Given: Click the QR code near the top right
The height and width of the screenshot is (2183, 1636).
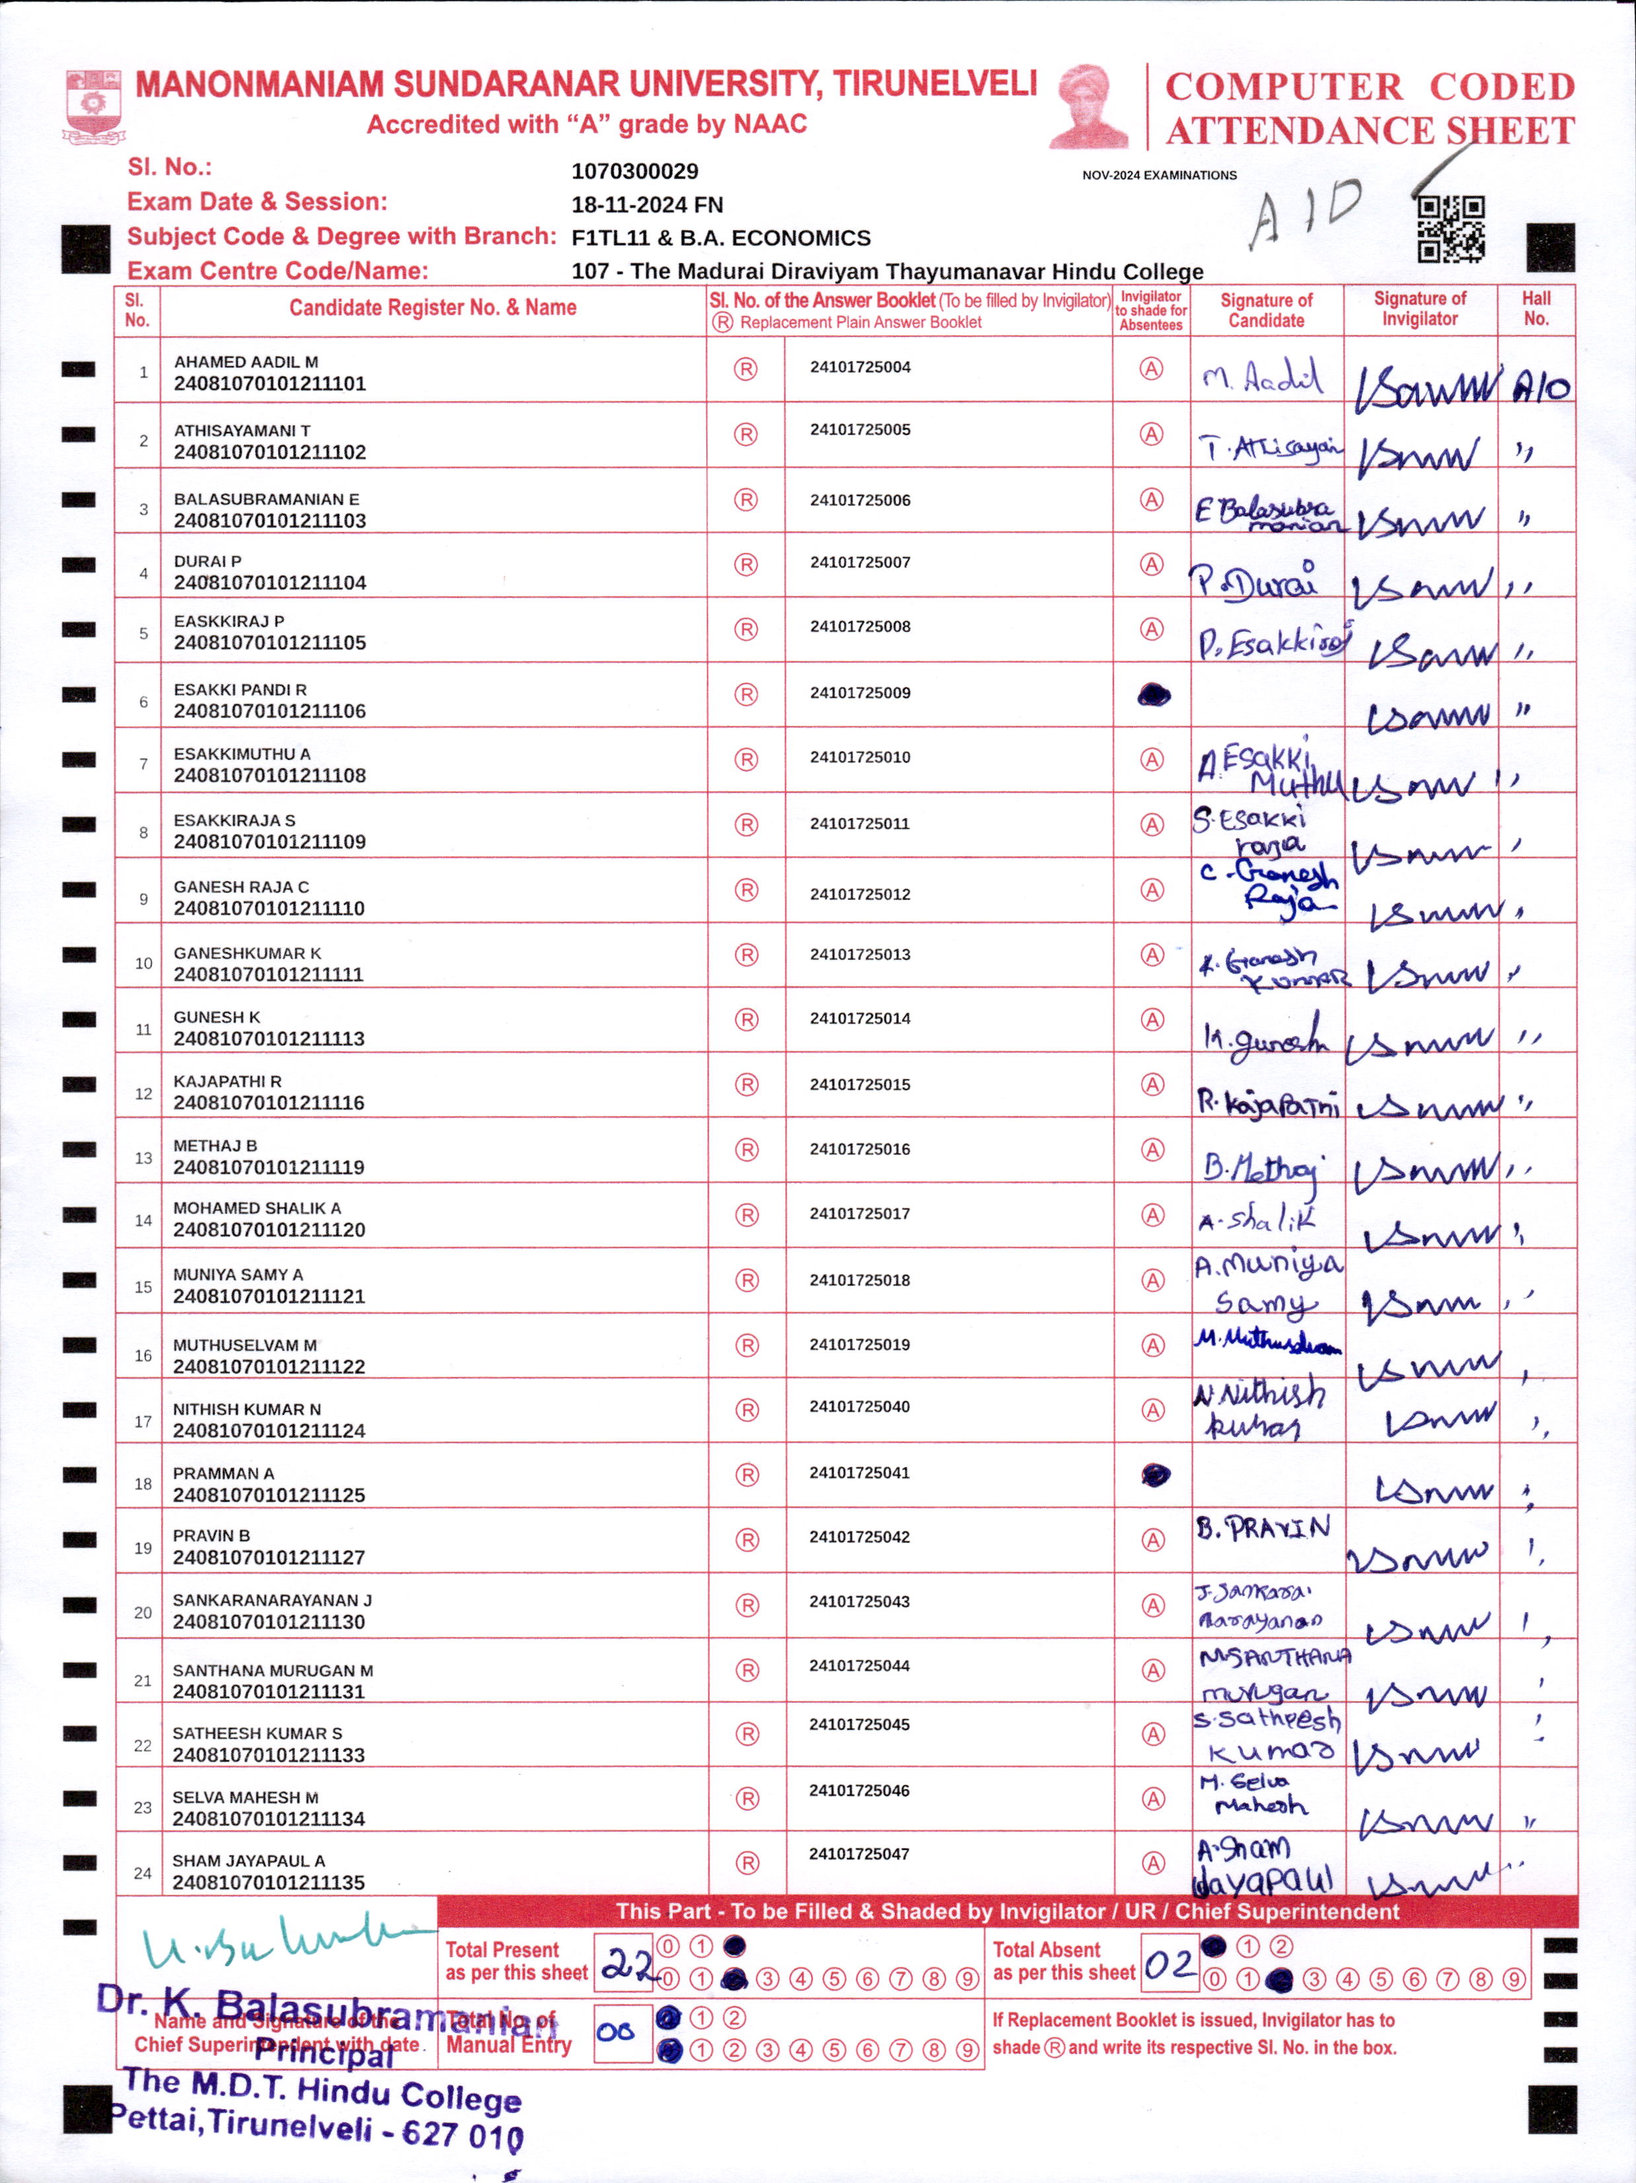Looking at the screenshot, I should [1450, 229].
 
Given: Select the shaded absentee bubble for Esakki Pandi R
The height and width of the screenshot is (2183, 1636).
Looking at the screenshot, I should [1154, 695].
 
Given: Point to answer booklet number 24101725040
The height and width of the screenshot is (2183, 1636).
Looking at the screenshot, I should [860, 1406].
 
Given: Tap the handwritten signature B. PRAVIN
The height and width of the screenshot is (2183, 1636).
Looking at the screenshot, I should [1263, 1529].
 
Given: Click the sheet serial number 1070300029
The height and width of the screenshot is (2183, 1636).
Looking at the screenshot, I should [634, 172].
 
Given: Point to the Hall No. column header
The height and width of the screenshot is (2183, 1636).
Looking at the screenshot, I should [1536, 309].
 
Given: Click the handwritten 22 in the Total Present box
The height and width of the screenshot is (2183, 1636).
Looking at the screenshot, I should [626, 1965].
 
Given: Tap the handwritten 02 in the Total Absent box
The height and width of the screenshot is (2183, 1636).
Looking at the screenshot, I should [1170, 1965].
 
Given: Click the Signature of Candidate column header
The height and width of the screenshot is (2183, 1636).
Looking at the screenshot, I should [1266, 310].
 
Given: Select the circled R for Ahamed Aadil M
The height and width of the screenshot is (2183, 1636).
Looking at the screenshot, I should [745, 369].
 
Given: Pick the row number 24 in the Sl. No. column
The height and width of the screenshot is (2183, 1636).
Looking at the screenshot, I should [142, 1873].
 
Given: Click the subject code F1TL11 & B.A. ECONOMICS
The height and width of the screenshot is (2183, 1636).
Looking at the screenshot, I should [720, 239].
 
